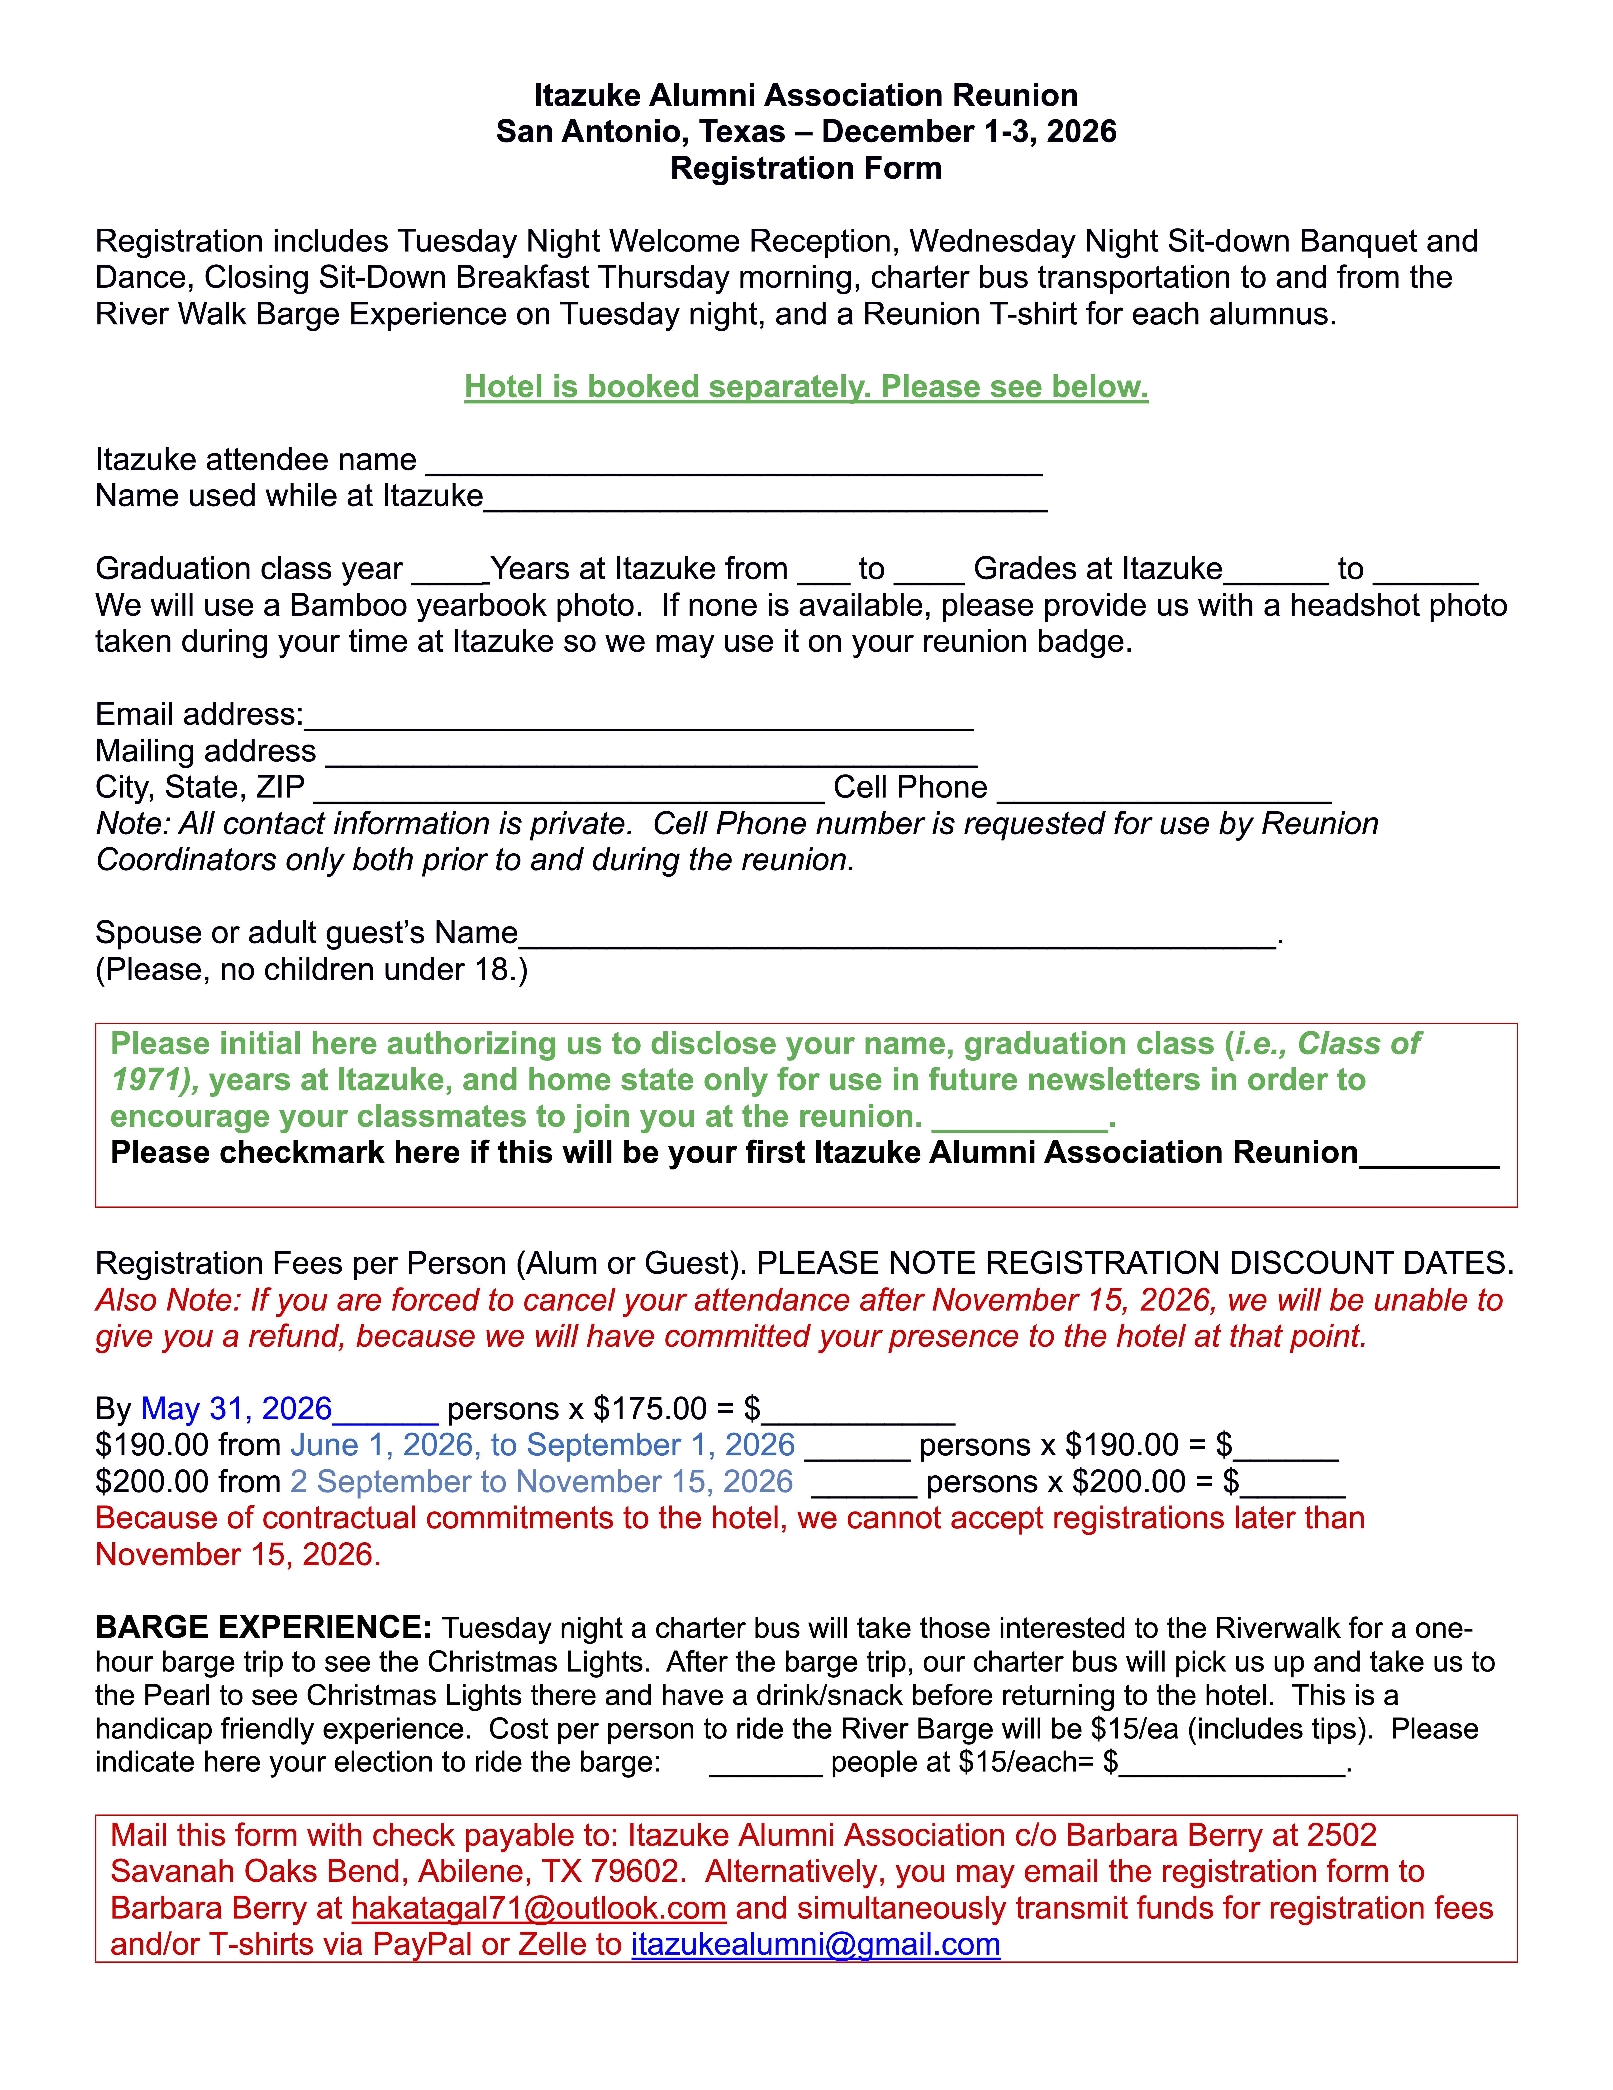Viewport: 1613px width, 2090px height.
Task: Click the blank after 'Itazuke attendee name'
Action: point(733,463)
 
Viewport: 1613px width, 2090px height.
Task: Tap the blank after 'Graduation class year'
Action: point(450,572)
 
